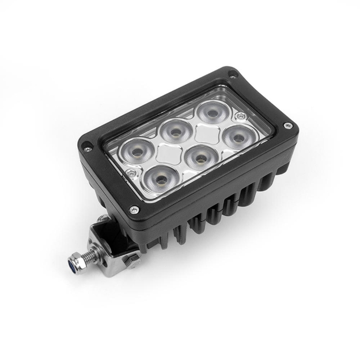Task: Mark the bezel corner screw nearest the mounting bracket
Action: click(134, 209)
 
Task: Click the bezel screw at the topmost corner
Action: click(232, 74)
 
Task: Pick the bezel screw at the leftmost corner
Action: click(87, 149)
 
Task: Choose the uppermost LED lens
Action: click(211, 112)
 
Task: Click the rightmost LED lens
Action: click(237, 136)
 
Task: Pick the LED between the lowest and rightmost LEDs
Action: click(199, 154)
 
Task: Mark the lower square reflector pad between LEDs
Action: click(167, 153)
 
